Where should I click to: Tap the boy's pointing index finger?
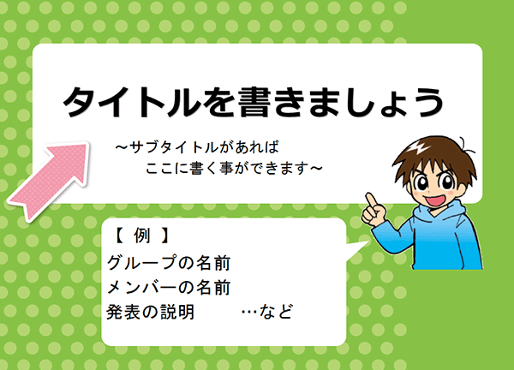371,200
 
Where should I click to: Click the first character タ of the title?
80,102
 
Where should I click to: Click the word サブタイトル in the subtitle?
173,147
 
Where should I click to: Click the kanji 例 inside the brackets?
142,236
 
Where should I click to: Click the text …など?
266,312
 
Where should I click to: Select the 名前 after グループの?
213,263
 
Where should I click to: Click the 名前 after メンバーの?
213,288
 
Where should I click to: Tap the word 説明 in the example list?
177,312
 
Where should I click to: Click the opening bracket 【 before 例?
118,236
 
